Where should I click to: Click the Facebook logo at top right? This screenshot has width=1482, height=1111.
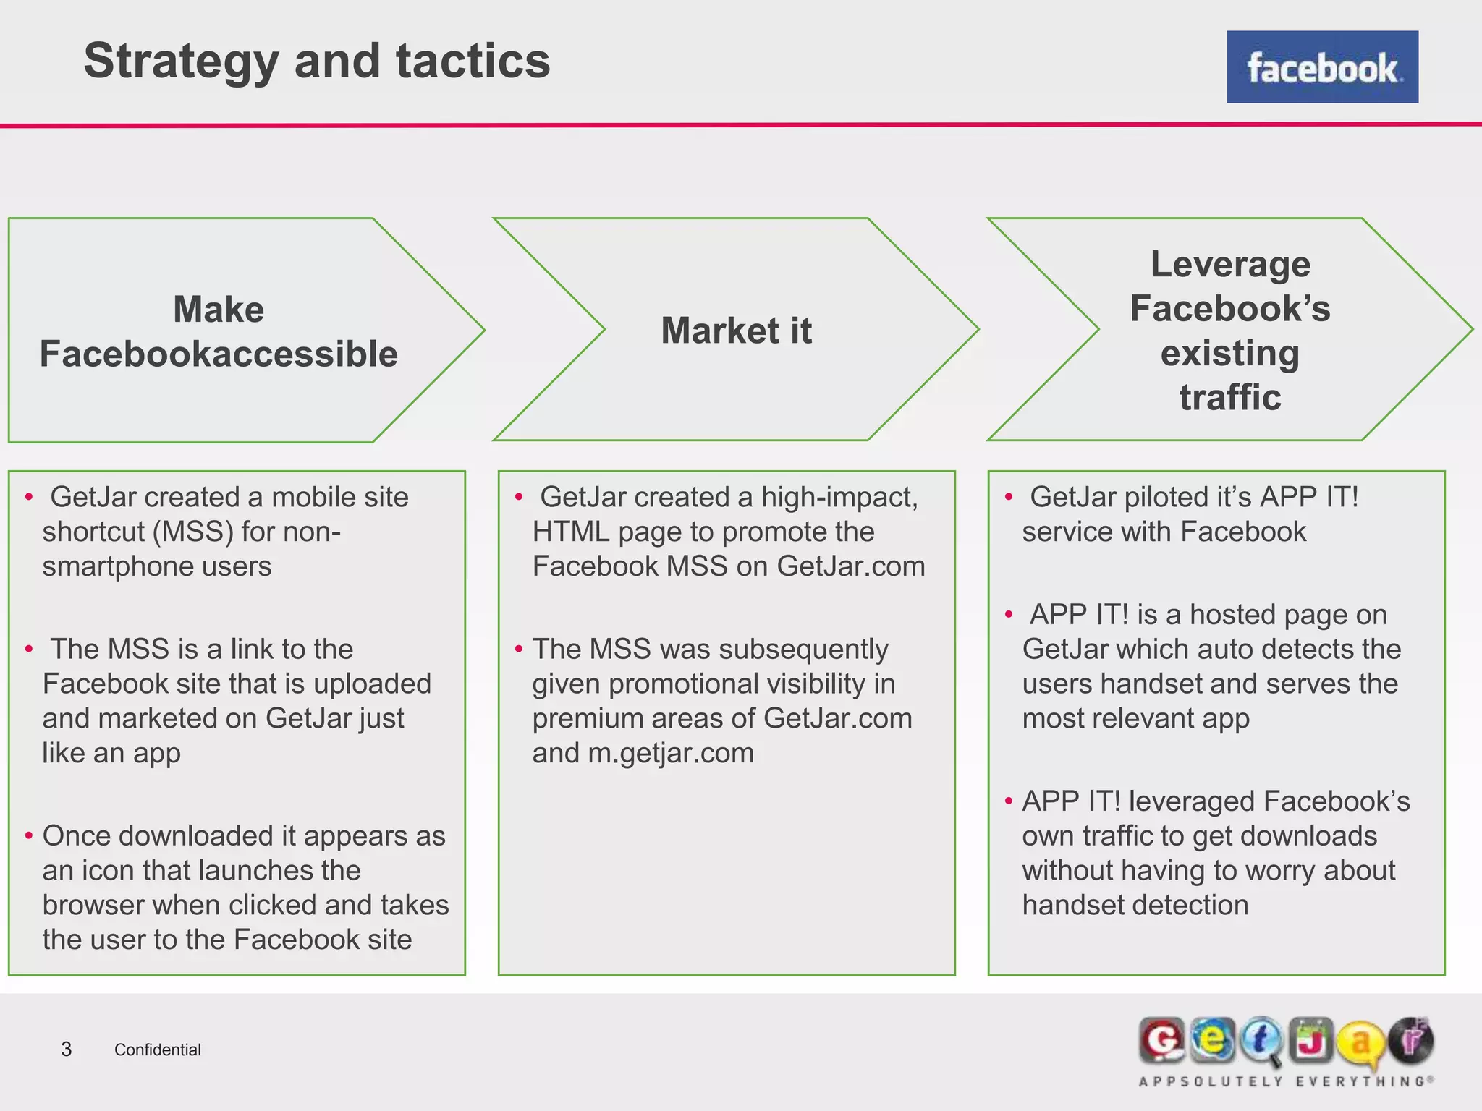click(x=1322, y=67)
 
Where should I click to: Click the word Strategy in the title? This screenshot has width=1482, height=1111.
click(x=181, y=61)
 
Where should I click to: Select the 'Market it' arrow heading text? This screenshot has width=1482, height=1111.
click(x=736, y=331)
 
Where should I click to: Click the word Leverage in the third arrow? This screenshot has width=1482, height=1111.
click(x=1230, y=264)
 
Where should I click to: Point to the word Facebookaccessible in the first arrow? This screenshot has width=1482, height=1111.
click(x=219, y=354)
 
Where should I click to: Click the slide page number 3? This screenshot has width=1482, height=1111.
click(x=67, y=1049)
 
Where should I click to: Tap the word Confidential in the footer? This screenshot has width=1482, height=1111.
click(x=157, y=1050)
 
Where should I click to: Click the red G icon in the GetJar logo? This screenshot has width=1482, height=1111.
click(x=1161, y=1041)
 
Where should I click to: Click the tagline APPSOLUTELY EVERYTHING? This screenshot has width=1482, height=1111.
click(x=1286, y=1081)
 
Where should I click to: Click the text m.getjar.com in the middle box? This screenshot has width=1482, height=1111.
click(x=671, y=753)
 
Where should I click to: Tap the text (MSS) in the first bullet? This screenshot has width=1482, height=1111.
click(x=192, y=532)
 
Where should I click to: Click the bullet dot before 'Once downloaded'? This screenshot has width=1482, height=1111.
click(x=29, y=836)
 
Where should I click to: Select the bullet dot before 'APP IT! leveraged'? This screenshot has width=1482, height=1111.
click(x=1009, y=801)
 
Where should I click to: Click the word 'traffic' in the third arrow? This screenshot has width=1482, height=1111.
click(x=1230, y=397)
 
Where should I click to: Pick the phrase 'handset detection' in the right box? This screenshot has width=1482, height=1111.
click(x=1135, y=905)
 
